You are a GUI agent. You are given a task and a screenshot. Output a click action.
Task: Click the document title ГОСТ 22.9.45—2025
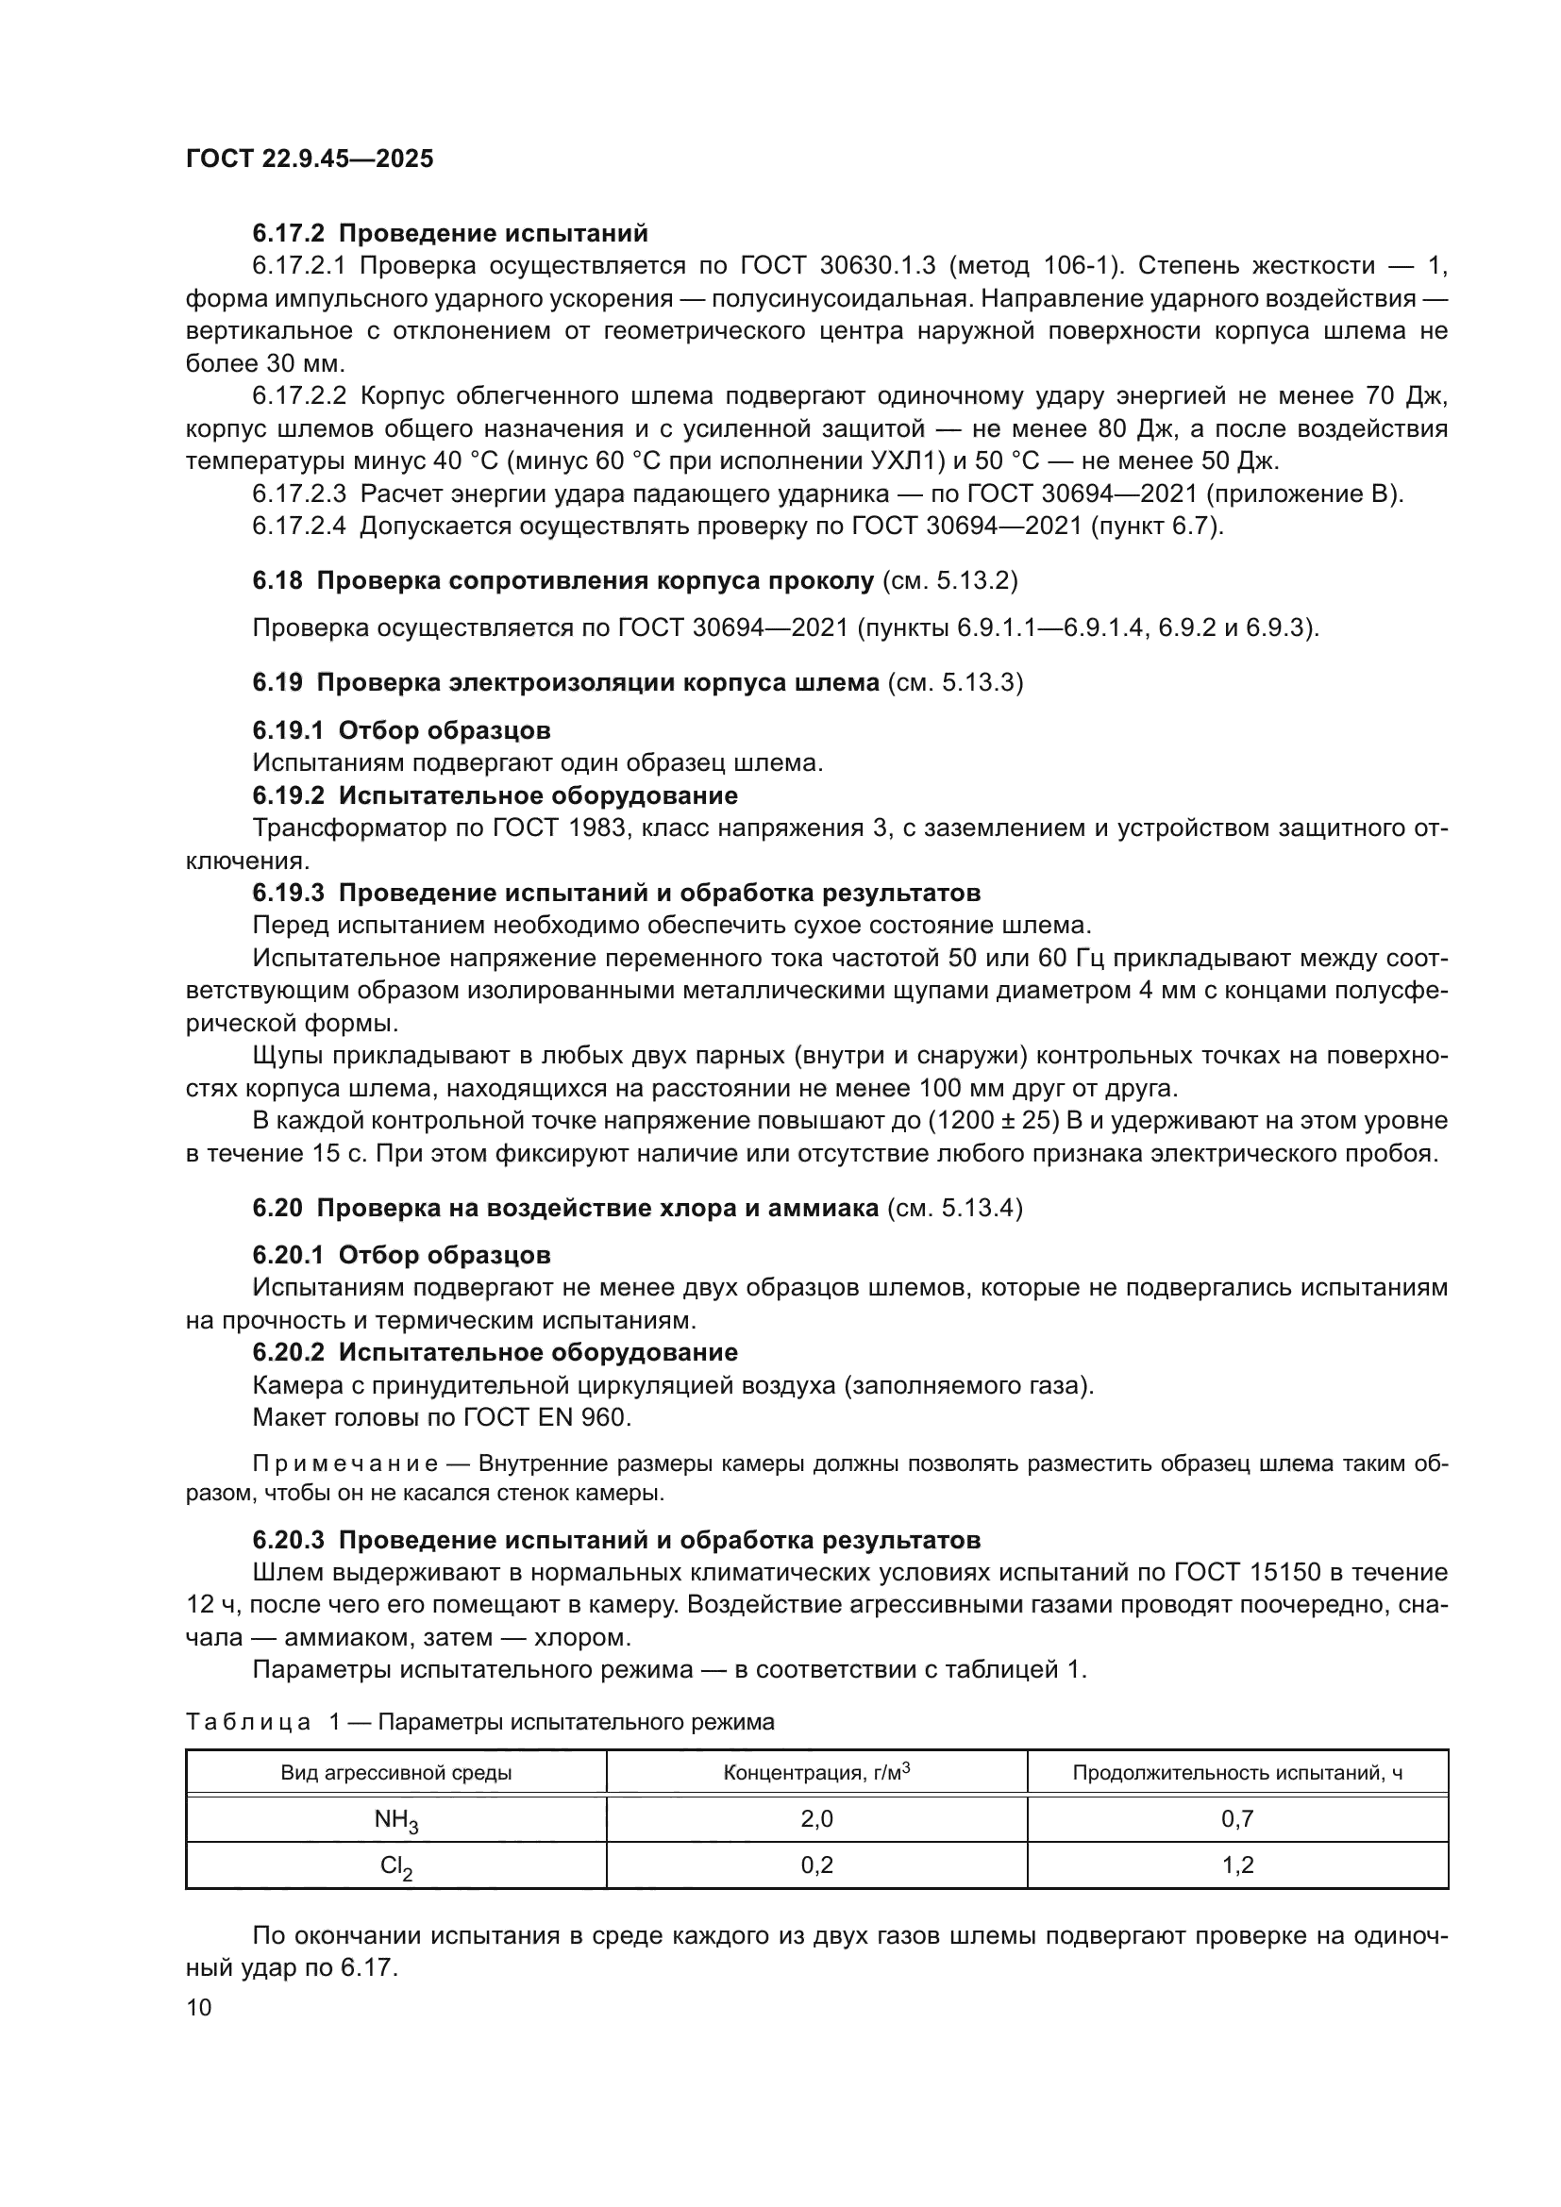coord(310,159)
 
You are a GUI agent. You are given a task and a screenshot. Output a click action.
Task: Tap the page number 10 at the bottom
coord(199,2008)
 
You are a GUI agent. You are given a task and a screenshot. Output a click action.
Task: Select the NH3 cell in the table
coord(395,1819)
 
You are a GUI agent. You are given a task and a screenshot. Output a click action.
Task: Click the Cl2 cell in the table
coord(395,1865)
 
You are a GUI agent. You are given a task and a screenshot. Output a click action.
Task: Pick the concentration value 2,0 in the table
coord(816,1817)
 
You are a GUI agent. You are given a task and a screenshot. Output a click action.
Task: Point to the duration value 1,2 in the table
coord(1237,1864)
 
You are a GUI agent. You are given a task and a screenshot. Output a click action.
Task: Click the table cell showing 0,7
coord(1237,1817)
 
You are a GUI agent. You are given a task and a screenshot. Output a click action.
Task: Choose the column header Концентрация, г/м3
coord(816,1772)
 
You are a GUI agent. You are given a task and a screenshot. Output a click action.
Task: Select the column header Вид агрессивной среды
coord(395,1773)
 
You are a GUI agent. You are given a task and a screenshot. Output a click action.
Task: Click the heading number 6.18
coord(277,580)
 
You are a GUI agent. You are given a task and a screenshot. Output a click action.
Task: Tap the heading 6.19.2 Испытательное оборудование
coord(495,794)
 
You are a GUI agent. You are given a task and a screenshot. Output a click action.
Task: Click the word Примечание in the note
coord(345,1464)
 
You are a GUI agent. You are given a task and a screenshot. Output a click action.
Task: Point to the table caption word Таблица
coord(248,1722)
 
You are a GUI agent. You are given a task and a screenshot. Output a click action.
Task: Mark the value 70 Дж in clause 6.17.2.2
coord(1406,396)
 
